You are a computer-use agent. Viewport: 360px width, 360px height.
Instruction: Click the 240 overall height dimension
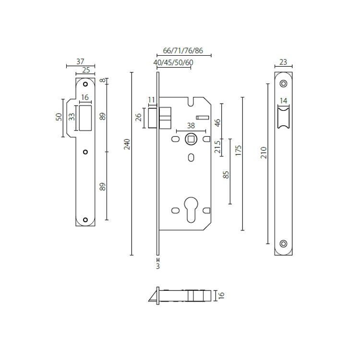(127, 144)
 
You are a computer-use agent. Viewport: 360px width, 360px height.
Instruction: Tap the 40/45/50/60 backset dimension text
(173, 63)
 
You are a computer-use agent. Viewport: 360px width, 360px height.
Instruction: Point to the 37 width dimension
(80, 61)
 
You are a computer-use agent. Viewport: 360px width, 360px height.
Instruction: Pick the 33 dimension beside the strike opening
(71, 117)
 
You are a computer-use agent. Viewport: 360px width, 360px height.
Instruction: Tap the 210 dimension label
(263, 153)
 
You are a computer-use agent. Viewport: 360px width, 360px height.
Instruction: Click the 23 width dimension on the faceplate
(283, 61)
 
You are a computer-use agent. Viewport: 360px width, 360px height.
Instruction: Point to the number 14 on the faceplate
(283, 101)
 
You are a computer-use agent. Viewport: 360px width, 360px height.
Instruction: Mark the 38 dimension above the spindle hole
(191, 125)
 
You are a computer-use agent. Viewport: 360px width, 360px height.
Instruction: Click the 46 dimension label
(217, 122)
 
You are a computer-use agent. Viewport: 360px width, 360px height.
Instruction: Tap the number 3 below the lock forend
(157, 265)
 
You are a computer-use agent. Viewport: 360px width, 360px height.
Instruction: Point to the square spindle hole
(191, 139)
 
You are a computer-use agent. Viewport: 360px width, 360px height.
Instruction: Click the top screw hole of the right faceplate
(283, 84)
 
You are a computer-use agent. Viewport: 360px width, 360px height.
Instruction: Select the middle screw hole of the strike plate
(85, 152)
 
